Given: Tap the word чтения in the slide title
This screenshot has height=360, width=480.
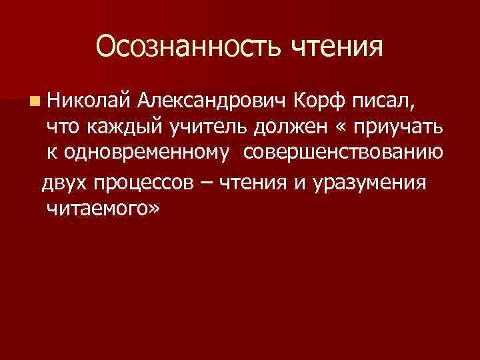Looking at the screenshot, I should pos(338,47).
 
